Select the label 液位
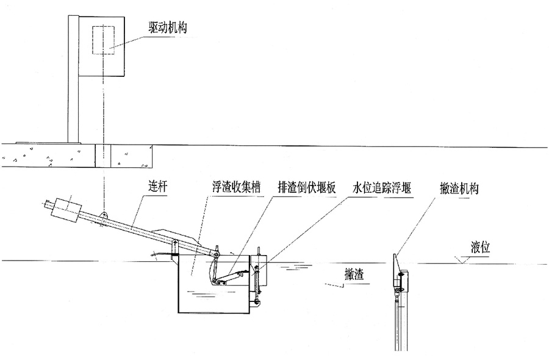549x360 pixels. pyautogui.click(x=481, y=248)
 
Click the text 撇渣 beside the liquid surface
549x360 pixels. pyautogui.click(x=354, y=275)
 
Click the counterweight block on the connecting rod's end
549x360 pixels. pyautogui.click(x=66, y=209)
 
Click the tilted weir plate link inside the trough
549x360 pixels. pyautogui.click(x=229, y=278)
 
